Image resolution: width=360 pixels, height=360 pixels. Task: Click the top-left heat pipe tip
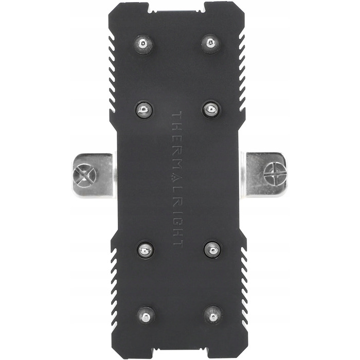(x=143, y=44)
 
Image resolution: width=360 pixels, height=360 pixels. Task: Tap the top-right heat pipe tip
(x=210, y=43)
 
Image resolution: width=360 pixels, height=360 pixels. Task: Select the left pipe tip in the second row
(x=144, y=110)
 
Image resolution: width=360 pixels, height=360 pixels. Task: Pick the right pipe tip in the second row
(x=211, y=110)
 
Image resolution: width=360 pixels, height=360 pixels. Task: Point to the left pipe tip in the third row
(x=145, y=249)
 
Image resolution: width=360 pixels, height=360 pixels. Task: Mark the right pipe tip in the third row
(x=212, y=249)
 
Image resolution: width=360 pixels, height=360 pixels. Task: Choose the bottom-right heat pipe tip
(x=213, y=315)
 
